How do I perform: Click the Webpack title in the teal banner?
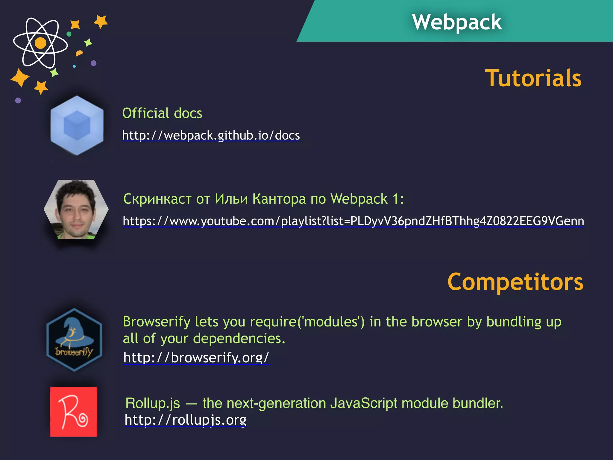(x=456, y=22)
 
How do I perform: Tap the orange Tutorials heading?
(x=533, y=78)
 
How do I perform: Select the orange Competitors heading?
(x=515, y=282)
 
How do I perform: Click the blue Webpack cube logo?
(x=77, y=125)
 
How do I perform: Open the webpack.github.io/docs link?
(x=211, y=135)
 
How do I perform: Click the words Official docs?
(x=162, y=113)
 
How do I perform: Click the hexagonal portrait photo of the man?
(x=76, y=209)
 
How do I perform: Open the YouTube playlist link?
(x=353, y=221)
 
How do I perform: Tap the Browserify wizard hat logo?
(x=74, y=340)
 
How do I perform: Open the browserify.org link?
(x=196, y=357)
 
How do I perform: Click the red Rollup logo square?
(x=74, y=411)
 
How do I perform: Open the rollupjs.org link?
(x=186, y=420)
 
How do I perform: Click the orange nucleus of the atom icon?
(x=40, y=43)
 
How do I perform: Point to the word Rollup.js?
(x=153, y=403)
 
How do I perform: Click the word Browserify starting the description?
(x=156, y=322)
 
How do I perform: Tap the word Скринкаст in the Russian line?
(x=157, y=199)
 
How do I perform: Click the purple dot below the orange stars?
(x=18, y=100)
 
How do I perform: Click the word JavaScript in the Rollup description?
(x=364, y=403)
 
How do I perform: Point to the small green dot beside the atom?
(x=69, y=34)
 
